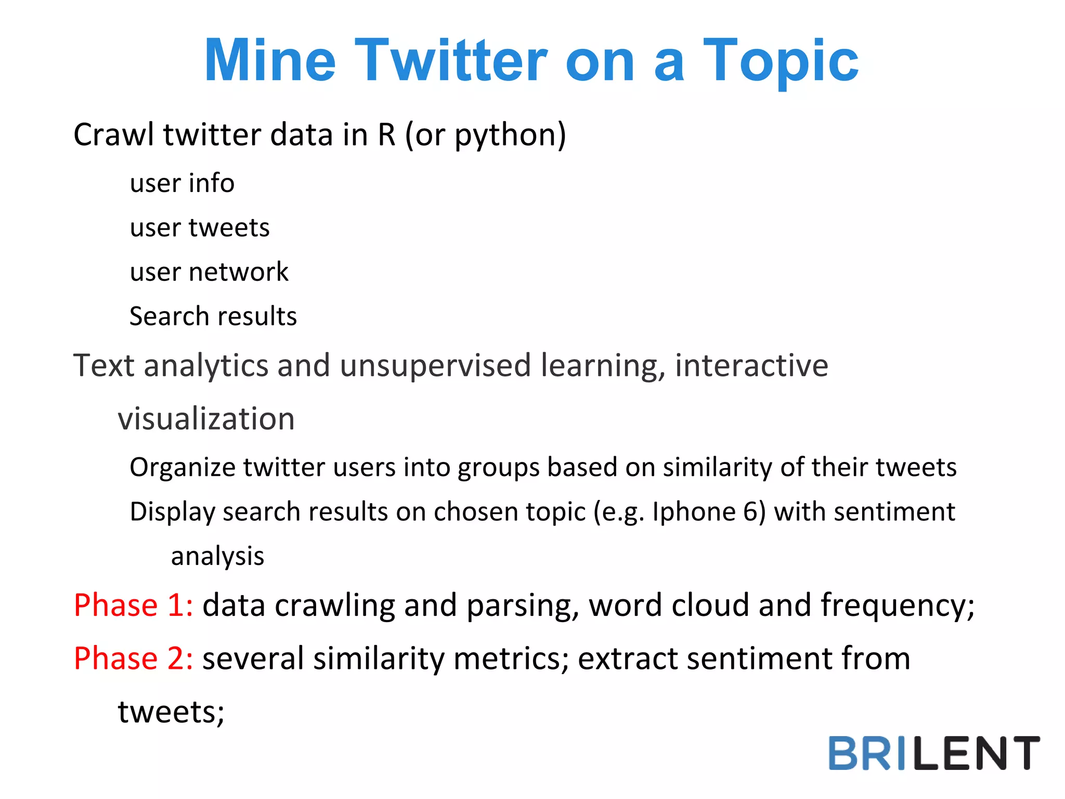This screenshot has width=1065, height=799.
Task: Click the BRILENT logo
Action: tap(933, 753)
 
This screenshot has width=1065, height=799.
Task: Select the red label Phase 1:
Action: tap(133, 605)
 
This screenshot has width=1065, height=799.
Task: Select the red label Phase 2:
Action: tap(133, 659)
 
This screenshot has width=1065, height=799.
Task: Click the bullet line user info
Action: tap(182, 183)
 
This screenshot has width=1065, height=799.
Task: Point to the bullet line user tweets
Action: tap(200, 228)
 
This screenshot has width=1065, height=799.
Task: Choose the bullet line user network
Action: tap(209, 272)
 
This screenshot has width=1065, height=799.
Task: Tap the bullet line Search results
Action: tap(213, 316)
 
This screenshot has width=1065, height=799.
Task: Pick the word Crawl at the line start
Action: tap(113, 135)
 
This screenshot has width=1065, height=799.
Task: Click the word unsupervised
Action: tap(435, 366)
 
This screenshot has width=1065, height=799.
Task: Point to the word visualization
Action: tap(206, 419)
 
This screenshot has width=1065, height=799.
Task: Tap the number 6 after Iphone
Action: tap(750, 512)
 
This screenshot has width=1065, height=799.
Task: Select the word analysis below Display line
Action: tap(217, 557)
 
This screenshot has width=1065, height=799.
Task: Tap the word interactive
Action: tap(751, 366)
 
